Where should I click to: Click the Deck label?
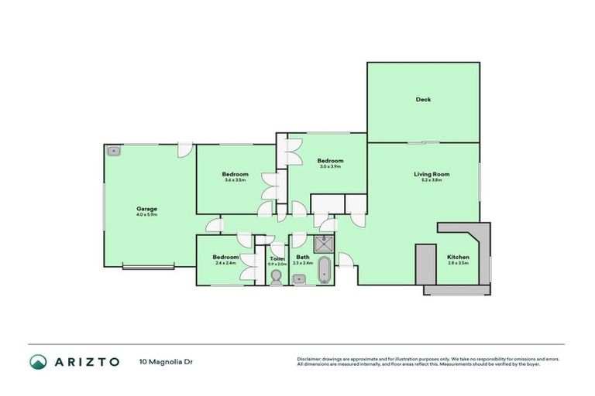[x=423, y=99]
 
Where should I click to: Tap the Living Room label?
[x=432, y=174]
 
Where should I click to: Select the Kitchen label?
[x=458, y=258]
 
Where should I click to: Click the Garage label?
[x=147, y=209]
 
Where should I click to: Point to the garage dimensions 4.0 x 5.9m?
[x=147, y=215]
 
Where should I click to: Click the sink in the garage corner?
[x=114, y=152]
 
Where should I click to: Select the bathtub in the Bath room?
[x=323, y=271]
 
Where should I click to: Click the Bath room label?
[x=303, y=258]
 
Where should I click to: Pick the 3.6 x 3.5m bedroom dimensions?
[x=236, y=180]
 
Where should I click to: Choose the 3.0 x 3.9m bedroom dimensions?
[x=331, y=166]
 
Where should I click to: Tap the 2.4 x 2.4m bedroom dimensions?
[x=225, y=264]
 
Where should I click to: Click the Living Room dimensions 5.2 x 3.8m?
[x=432, y=180]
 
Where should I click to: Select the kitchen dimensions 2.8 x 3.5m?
[x=458, y=264]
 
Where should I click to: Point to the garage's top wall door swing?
[x=184, y=149]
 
